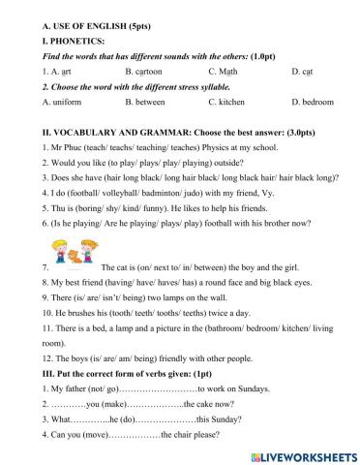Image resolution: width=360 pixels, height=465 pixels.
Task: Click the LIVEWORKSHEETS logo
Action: pyautogui.click(x=299, y=453)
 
